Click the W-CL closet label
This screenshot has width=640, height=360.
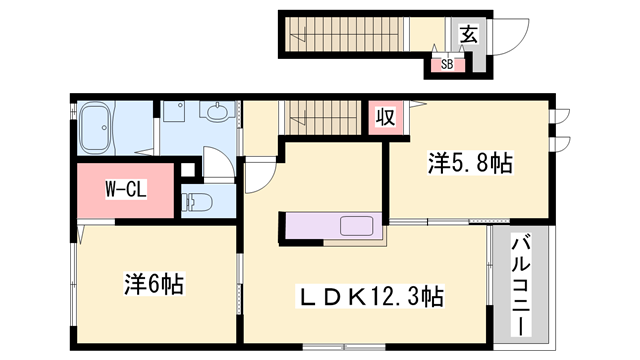tap(126, 189)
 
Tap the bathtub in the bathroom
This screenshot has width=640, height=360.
tap(96, 127)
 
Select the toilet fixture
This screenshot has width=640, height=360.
tap(197, 202)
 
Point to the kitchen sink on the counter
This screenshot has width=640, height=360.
tap(356, 226)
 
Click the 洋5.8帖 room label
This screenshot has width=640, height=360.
tap(470, 162)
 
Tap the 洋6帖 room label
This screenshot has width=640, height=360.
tap(154, 284)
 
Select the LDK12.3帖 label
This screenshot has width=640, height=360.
tap(370, 296)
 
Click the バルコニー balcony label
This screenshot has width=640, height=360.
tap(521, 285)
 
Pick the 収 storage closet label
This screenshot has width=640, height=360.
tap(386, 118)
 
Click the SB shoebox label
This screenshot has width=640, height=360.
tap(447, 64)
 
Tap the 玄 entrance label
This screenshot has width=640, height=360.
tap(469, 34)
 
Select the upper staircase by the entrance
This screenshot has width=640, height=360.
tap(344, 34)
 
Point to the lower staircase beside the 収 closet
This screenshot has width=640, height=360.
tap(322, 118)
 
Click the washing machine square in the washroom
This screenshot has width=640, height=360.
tap(174, 111)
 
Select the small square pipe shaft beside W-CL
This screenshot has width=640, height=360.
tap(188, 169)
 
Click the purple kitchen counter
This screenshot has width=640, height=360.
tap(334, 226)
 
